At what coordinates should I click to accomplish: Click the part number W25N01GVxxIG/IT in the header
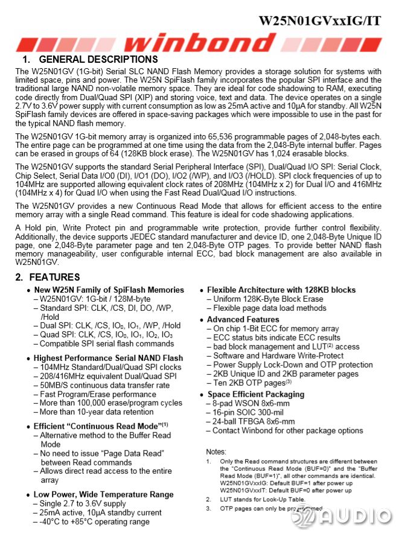click(x=319, y=20)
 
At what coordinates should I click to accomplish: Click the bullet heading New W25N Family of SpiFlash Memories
click(x=109, y=290)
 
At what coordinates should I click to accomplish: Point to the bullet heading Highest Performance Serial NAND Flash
click(x=108, y=358)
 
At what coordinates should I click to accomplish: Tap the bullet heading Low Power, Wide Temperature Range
click(x=103, y=495)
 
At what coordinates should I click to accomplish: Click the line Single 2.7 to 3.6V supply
click(x=82, y=504)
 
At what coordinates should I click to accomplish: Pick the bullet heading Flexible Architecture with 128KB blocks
click(x=281, y=290)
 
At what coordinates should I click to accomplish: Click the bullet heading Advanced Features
click(x=243, y=319)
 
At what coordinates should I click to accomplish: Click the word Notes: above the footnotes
click(x=217, y=451)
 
